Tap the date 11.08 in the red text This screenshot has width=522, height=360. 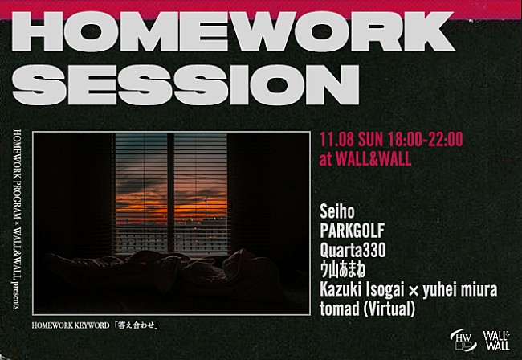[336, 139]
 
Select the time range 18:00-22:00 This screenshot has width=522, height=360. [425, 139]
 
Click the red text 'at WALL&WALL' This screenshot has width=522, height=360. [365, 158]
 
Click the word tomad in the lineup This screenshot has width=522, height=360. [337, 306]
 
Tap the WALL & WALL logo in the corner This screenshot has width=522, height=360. [497, 339]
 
